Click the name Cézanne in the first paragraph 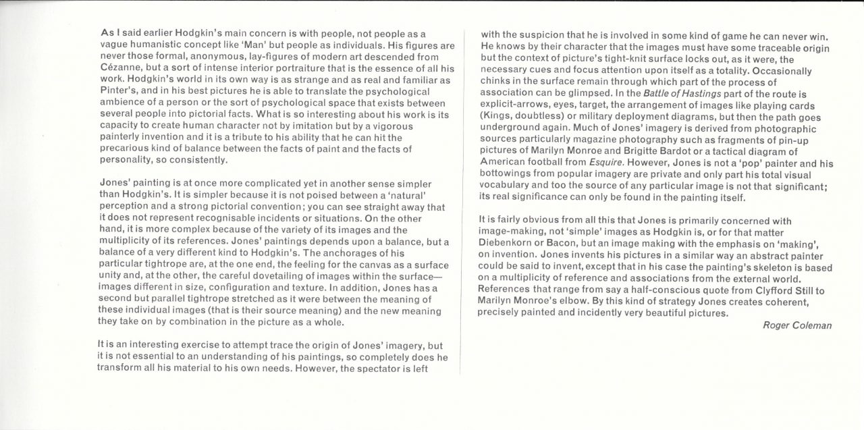click(121, 70)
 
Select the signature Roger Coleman click(796, 325)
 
